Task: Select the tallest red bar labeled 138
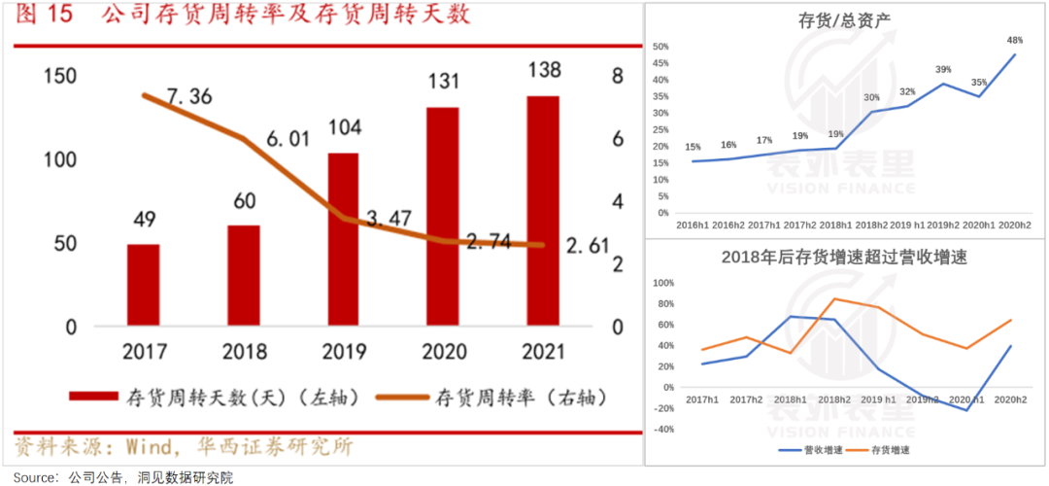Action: (542, 211)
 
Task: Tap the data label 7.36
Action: (188, 96)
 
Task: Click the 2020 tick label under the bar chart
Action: (442, 352)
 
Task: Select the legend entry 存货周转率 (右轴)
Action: (520, 398)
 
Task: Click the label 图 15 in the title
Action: (44, 17)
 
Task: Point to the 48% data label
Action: (1014, 41)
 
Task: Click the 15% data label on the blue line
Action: (693, 148)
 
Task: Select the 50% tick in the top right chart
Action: (661, 47)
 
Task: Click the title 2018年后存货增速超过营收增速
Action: (844, 257)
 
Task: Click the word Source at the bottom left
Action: (34, 477)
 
